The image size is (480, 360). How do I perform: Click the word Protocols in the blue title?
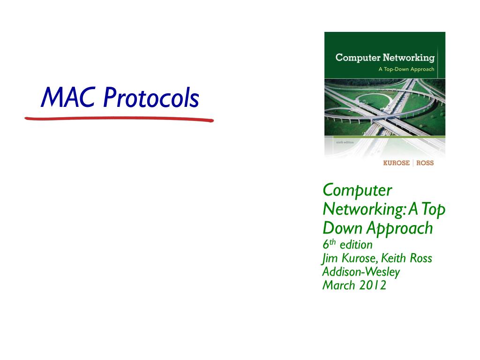click(x=151, y=97)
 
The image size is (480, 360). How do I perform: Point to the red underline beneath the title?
click(x=119, y=119)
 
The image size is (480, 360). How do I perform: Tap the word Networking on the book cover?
click(x=409, y=58)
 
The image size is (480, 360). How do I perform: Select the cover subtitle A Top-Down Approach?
click(x=406, y=69)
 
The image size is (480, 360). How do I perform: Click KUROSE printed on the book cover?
click(x=396, y=163)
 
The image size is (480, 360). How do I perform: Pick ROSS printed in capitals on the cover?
click(x=425, y=163)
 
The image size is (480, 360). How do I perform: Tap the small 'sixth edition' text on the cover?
click(x=345, y=142)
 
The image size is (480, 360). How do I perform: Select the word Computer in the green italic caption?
click(x=357, y=190)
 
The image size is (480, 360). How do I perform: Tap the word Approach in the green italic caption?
click(x=400, y=229)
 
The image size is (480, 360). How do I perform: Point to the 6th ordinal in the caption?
click(x=329, y=244)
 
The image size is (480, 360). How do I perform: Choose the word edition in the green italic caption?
click(x=356, y=245)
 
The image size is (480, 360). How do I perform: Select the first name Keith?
click(x=393, y=258)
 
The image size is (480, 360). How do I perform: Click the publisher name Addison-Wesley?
click(x=361, y=272)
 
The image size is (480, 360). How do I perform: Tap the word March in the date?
click(x=338, y=285)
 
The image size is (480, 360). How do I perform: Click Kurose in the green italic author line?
click(x=360, y=258)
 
